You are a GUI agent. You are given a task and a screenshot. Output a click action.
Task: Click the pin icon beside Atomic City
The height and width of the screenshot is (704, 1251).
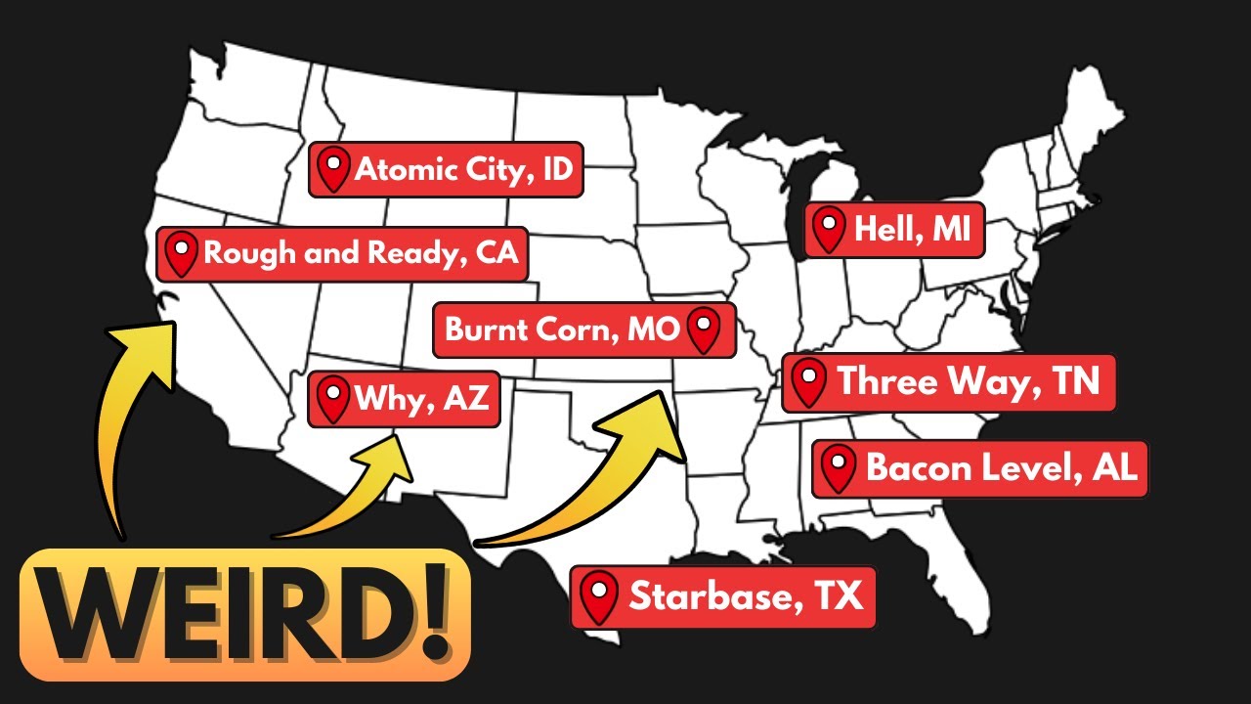coord(334,170)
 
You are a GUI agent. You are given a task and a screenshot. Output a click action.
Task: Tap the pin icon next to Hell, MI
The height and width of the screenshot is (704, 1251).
coord(830,231)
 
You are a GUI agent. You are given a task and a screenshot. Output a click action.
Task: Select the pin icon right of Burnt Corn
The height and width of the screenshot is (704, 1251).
coord(703,330)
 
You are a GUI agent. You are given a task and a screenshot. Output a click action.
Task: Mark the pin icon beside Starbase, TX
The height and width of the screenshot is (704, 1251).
coord(598,596)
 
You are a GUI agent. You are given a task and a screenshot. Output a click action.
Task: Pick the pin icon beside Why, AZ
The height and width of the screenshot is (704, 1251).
coord(333,399)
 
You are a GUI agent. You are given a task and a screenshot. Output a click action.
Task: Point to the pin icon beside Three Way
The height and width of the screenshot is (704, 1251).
coord(808,382)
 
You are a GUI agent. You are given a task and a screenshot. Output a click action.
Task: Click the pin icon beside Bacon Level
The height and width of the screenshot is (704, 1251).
coord(838,469)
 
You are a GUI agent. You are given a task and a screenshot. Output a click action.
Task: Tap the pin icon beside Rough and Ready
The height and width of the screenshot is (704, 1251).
coord(181,254)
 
